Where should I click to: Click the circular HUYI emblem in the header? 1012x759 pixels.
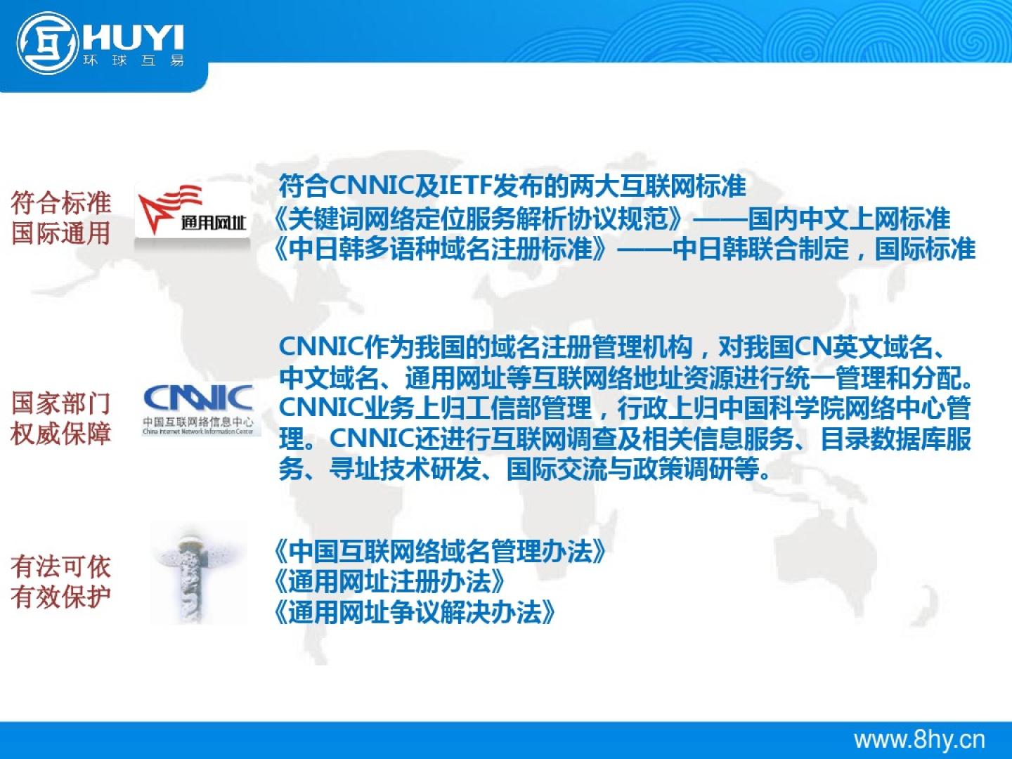(x=47, y=43)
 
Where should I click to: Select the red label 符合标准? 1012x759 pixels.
(x=61, y=203)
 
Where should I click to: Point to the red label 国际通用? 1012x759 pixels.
(x=61, y=233)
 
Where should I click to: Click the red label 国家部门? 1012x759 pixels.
(x=61, y=403)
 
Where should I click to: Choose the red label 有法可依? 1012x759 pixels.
(x=61, y=566)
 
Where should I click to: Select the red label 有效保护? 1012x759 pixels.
(x=61, y=597)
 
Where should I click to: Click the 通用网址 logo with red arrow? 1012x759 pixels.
(x=193, y=210)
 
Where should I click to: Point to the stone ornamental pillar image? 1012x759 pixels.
(x=197, y=573)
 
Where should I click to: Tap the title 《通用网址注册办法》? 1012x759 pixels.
(x=390, y=582)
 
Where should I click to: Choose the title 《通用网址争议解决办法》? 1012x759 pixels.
(x=415, y=612)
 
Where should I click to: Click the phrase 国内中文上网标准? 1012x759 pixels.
(x=849, y=219)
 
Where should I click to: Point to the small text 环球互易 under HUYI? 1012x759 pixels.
(x=134, y=60)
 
